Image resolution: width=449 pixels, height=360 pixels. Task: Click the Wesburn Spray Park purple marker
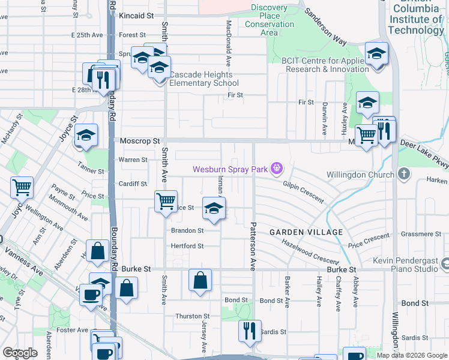(x=276, y=169)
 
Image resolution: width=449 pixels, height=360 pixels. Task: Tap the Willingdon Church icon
(x=405, y=175)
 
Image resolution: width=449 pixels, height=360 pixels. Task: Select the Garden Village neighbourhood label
(x=306, y=232)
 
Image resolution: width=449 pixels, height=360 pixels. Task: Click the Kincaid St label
(x=136, y=14)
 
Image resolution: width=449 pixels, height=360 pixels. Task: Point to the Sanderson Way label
(x=325, y=27)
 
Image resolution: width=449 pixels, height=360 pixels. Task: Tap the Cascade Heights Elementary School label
(x=204, y=79)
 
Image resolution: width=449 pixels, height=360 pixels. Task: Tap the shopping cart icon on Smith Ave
(x=166, y=201)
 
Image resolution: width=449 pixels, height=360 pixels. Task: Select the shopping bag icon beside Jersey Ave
(x=200, y=280)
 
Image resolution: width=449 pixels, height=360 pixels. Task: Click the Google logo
(x=20, y=353)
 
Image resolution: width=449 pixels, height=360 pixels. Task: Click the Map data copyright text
(x=412, y=355)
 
